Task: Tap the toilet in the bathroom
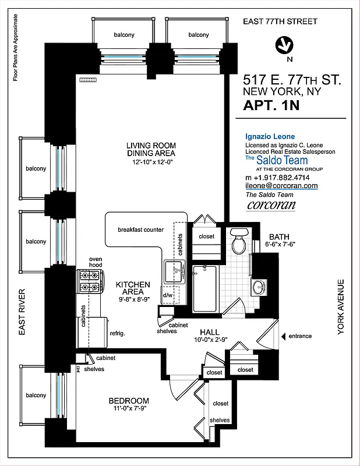coord(239,242)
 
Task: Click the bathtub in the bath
coord(204,288)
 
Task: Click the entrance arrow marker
coord(284,336)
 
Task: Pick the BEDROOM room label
coord(129,401)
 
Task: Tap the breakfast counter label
coord(140,230)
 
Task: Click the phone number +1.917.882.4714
coord(277,177)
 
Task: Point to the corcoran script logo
coord(271,205)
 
